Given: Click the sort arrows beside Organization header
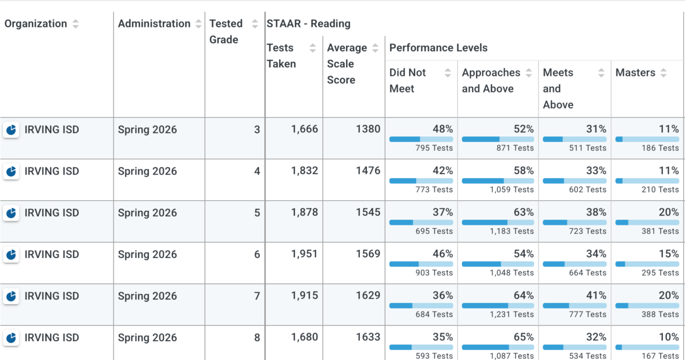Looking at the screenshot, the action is click(x=75, y=24).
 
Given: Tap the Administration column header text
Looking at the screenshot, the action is click(x=154, y=23).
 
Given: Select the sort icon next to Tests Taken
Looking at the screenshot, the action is click(x=313, y=48).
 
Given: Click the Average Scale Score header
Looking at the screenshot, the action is click(x=347, y=63).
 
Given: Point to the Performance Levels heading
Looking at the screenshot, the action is click(x=438, y=48).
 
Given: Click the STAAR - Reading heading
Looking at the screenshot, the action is click(x=308, y=23).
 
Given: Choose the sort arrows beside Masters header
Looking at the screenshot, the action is click(x=663, y=72).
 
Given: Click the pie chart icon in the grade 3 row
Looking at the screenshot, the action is click(x=11, y=130).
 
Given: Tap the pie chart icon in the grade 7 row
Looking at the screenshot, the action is click(x=11, y=296).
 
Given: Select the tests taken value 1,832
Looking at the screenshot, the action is click(x=304, y=171).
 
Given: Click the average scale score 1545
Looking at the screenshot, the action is click(x=368, y=212).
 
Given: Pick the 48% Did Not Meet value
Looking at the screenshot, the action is click(x=442, y=129).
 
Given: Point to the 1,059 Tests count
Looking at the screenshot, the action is click(x=511, y=189).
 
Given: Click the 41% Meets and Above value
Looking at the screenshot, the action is click(x=596, y=295).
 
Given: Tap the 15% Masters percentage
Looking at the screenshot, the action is click(x=668, y=254).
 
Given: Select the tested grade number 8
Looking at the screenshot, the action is click(x=257, y=337).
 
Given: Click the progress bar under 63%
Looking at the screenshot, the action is click(x=498, y=223).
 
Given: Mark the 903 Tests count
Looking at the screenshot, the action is click(x=434, y=273).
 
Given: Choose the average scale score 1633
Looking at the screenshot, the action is click(x=368, y=337).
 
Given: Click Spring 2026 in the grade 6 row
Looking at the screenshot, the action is click(x=147, y=254).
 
